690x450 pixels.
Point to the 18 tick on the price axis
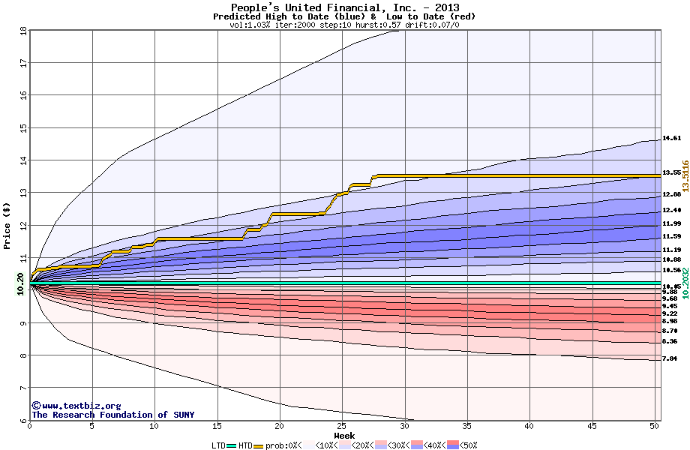coord(22,30)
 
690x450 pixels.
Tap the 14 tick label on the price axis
coord(22,160)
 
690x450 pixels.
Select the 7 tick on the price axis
coord(22,388)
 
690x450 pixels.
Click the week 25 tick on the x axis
coord(342,426)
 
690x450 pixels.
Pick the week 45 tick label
coord(592,426)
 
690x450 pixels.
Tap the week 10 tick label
coord(154,426)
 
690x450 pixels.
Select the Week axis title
coord(344,435)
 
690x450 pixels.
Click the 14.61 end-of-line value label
coord(671,139)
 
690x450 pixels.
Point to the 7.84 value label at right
coord(671,359)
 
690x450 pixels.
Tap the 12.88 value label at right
coord(671,195)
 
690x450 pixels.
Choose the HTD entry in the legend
coord(244,445)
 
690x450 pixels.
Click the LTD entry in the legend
coord(218,445)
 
